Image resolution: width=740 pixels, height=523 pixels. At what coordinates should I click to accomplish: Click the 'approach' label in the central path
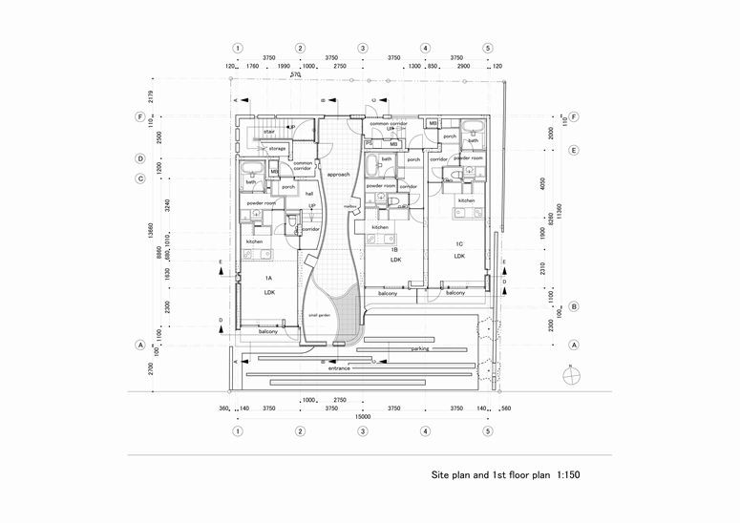coord(339,176)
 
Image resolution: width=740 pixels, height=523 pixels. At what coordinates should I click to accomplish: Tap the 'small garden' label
coord(319,313)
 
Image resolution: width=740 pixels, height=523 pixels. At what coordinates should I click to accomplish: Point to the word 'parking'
coord(420,349)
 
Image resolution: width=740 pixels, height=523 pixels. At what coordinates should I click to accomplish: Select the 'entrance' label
coord(341,367)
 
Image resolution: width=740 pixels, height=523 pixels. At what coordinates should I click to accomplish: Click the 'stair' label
coord(270,133)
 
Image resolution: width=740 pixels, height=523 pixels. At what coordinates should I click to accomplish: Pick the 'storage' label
coord(277,149)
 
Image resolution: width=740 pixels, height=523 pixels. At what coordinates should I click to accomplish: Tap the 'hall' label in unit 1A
coord(309,193)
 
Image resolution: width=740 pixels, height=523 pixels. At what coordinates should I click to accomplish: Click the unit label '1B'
coord(393,249)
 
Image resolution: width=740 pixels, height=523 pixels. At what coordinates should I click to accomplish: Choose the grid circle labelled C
coord(140,178)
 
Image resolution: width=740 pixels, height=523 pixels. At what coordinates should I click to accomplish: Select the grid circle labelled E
coord(574,151)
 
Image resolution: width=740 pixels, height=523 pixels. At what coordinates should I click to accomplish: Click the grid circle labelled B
coord(574,307)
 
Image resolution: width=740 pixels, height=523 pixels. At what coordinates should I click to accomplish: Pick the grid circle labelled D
coord(140,158)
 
